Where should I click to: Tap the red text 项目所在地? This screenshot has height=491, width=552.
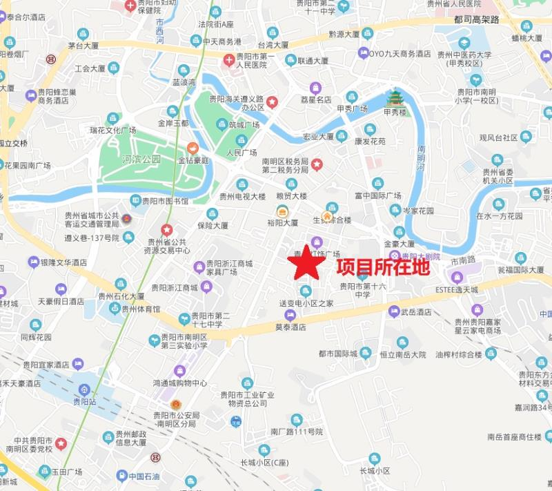pos(382,268)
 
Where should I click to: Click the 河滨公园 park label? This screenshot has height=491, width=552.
pos(141,159)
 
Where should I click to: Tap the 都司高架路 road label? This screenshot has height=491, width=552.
pos(476,20)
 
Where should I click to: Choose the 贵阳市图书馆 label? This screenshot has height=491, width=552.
pos(165,201)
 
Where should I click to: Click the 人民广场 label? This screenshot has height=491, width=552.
pos(241,152)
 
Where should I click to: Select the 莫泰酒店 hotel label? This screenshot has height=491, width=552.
pos(290,327)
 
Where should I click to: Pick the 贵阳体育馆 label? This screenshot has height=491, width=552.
pos(141,309)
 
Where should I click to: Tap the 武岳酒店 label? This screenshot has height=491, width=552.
pos(416,312)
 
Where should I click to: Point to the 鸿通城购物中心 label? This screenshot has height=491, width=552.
pos(180,383)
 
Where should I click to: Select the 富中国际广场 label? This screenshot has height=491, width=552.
pos(377,195)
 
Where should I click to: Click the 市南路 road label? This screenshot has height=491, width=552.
pos(464,260)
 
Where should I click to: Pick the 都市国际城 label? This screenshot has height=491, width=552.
pos(338,354)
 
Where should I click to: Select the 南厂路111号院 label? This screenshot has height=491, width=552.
pos(297,432)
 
